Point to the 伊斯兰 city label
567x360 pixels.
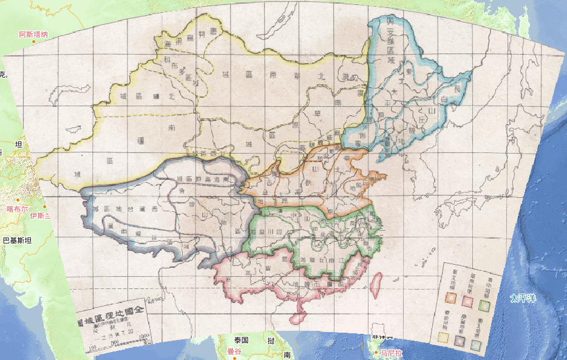coord(40,216)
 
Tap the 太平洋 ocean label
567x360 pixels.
coord(523,298)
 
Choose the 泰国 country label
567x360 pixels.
coord(242,341)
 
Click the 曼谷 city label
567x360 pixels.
coord(234,352)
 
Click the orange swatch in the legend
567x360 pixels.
coord(449,297)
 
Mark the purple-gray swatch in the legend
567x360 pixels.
coord(460,341)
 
